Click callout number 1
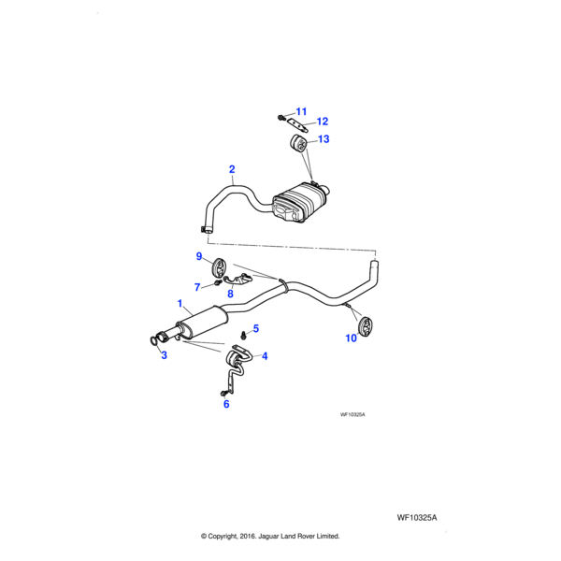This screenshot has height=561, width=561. [180, 304]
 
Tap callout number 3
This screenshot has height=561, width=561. [163, 355]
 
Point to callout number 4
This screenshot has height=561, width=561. [265, 356]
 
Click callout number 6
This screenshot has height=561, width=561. [225, 404]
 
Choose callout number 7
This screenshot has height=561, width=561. [198, 287]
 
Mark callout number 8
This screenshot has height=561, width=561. [230, 294]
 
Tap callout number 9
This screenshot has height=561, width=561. [199, 256]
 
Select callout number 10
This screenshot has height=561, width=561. [352, 338]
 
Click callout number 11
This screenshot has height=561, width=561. [302, 112]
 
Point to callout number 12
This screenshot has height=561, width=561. [322, 122]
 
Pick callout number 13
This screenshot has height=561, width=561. [324, 139]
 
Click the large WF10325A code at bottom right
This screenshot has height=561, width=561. [417, 516]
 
